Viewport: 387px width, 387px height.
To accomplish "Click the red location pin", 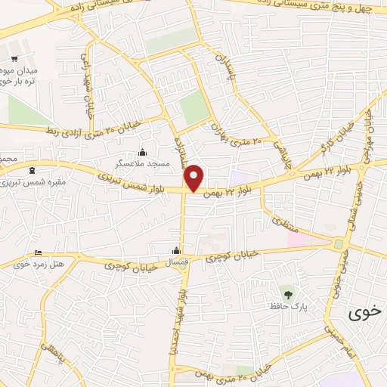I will pyautogui.click(x=195, y=177).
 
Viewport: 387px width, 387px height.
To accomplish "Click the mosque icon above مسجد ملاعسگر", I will pyautogui.click(x=142, y=153).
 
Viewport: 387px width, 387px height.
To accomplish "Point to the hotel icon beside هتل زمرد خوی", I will pyautogui.click(x=39, y=252).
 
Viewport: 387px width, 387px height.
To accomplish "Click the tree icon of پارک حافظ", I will pyautogui.click(x=286, y=293).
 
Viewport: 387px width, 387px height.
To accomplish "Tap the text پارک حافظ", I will pyautogui.click(x=286, y=307).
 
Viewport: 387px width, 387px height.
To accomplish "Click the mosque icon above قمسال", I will pyautogui.click(x=177, y=251).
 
